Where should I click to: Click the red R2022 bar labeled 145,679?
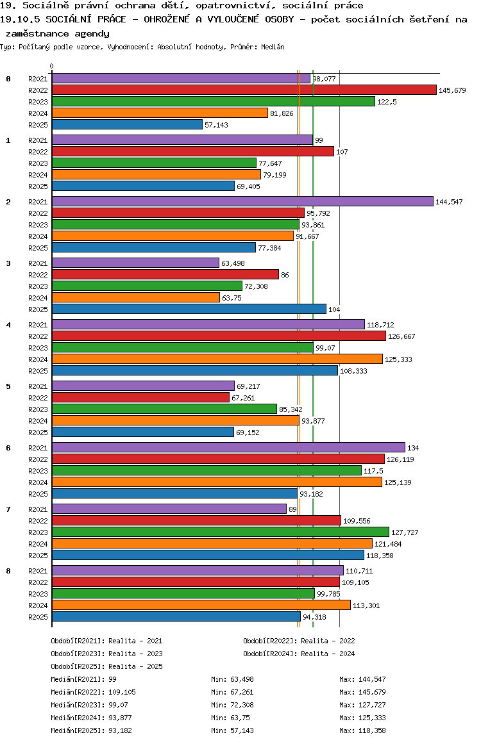(x=244, y=90)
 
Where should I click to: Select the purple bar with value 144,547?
(x=242, y=202)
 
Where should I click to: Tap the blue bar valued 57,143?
(x=127, y=125)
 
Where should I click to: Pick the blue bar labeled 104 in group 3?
(x=189, y=309)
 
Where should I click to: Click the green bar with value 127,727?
(x=220, y=532)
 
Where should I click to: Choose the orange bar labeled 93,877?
(x=175, y=421)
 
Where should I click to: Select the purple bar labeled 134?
(x=228, y=448)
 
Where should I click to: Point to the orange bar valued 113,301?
(x=201, y=606)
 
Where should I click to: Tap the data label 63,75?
(x=231, y=298)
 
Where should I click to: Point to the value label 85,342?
(x=291, y=409)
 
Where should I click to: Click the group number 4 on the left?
(x=8, y=325)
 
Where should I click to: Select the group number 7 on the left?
(x=8, y=509)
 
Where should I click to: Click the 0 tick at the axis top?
(x=52, y=67)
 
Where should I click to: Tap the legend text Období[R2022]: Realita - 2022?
(x=299, y=641)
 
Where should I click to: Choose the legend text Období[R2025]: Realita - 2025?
(x=106, y=666)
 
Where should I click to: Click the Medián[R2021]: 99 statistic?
(x=83, y=679)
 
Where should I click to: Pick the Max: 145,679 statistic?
(x=362, y=692)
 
